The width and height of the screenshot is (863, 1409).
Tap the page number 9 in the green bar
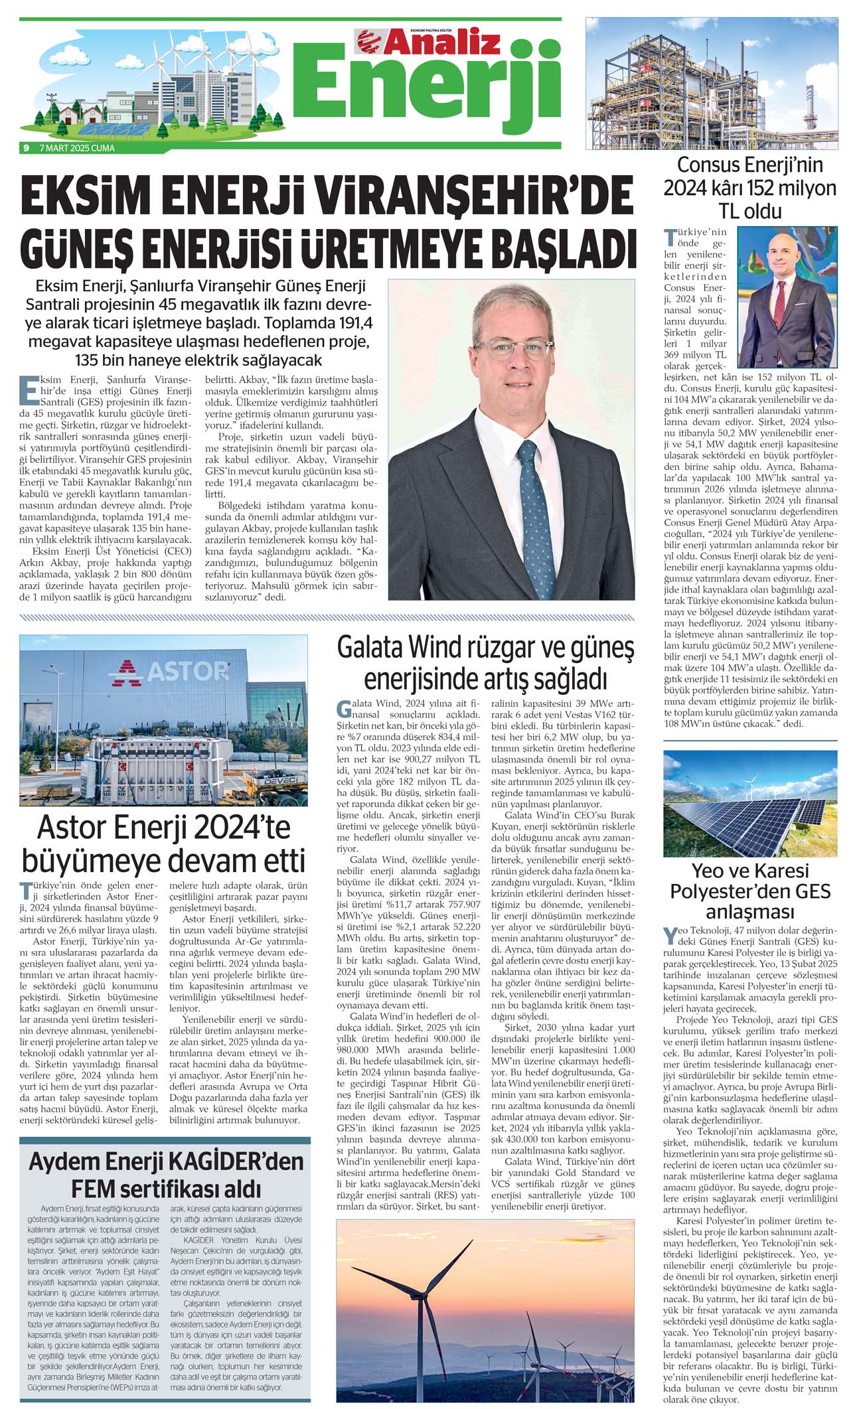click(x=26, y=148)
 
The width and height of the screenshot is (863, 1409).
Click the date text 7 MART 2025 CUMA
click(x=77, y=148)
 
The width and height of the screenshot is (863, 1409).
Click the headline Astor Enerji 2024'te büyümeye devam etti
click(x=163, y=844)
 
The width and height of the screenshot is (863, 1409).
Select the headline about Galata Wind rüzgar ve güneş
click(x=485, y=663)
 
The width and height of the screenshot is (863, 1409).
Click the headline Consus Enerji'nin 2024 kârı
click(x=750, y=188)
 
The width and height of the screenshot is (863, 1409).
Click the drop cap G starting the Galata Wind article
click(x=343, y=707)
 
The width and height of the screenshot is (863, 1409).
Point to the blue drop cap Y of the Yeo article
click(x=670, y=936)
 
